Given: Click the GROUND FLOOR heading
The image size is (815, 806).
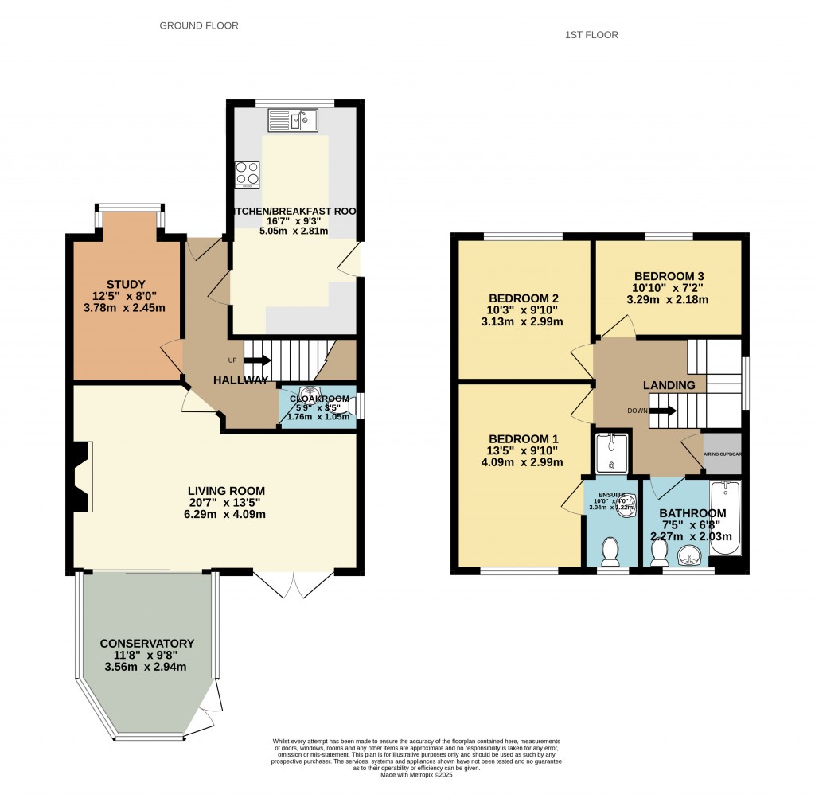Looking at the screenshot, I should (199, 25).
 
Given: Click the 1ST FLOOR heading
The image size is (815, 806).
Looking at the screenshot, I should (591, 34).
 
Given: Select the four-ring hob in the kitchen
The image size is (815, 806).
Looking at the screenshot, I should (247, 174).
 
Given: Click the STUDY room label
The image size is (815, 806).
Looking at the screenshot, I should (126, 284).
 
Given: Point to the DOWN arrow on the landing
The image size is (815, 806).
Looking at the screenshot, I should (660, 411).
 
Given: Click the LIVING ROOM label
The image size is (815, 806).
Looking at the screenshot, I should (215, 490).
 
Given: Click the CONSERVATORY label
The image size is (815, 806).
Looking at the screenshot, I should (147, 643).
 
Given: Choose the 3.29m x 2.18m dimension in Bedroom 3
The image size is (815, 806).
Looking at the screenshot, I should (669, 300).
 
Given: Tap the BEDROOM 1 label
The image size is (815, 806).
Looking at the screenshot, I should (524, 438).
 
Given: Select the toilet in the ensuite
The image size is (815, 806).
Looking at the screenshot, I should (611, 549).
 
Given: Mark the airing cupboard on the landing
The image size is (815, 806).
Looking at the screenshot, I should (723, 454).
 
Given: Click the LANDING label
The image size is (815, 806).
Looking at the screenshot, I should (669, 385).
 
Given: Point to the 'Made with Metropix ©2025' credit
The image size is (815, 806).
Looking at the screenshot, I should (416, 774).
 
